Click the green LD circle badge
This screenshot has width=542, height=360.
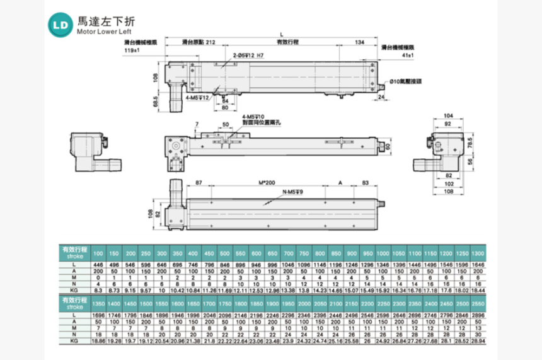61,25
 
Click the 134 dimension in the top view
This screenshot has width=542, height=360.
359,44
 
